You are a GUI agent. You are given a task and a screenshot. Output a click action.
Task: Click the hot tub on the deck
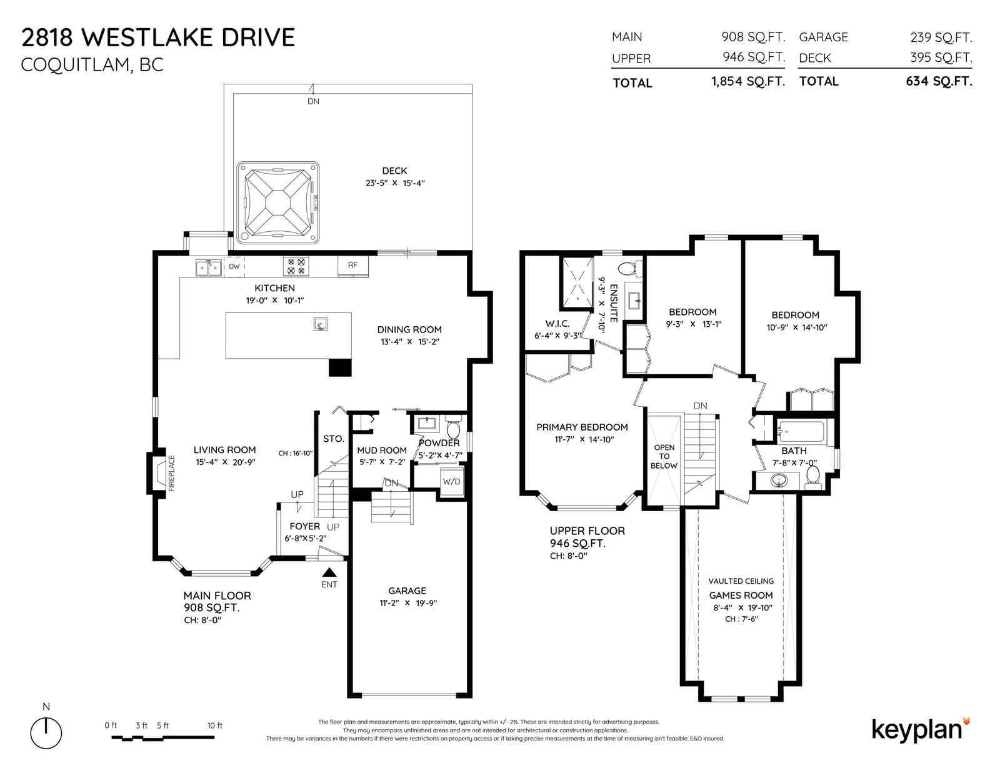(278, 202)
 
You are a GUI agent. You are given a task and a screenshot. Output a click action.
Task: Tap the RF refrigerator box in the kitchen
(353, 266)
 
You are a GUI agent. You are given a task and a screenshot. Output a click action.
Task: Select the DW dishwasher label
(234, 266)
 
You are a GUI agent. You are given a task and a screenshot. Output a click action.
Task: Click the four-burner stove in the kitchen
(296, 266)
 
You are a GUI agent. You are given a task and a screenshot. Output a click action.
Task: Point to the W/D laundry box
(452, 482)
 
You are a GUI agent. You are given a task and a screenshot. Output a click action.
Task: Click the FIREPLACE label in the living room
(171, 474)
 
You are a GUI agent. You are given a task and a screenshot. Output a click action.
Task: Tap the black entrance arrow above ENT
(329, 572)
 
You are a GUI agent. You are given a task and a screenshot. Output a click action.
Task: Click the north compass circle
(46, 733)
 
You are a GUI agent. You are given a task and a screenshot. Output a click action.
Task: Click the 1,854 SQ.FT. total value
(748, 81)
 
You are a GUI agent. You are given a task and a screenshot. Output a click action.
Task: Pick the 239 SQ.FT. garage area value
(941, 37)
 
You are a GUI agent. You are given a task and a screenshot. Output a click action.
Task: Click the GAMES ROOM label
(741, 596)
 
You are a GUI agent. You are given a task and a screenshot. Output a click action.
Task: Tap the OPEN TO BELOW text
(664, 456)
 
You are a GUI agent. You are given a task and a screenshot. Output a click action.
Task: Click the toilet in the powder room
(453, 427)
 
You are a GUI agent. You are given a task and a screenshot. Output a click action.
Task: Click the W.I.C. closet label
(557, 324)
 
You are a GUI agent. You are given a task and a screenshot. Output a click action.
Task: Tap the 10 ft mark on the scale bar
(214, 726)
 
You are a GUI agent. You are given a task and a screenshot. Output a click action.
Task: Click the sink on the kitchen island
(320, 324)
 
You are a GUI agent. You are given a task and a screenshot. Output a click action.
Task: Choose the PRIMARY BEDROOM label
(582, 427)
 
